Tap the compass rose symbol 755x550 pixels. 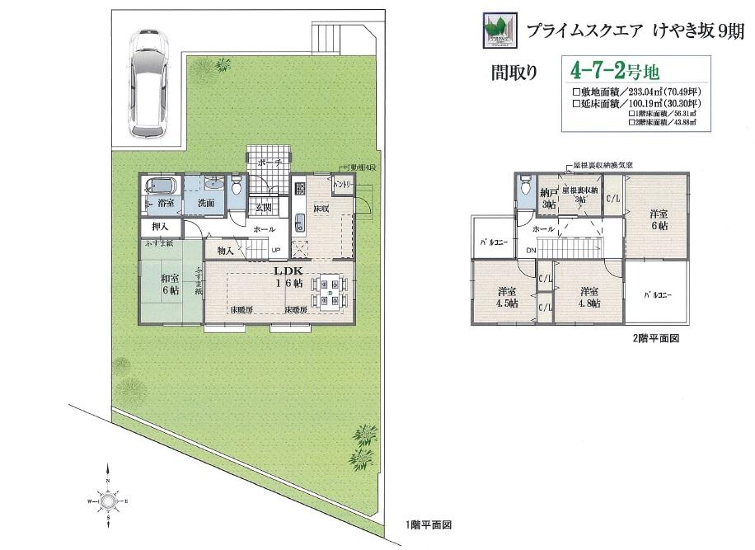click(x=107, y=500)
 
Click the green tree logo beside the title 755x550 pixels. click(x=499, y=31)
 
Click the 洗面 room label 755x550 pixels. click(x=206, y=203)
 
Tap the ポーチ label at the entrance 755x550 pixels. click(x=270, y=162)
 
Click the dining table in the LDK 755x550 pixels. click(x=330, y=292)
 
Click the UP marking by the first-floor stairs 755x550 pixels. click(x=275, y=251)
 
